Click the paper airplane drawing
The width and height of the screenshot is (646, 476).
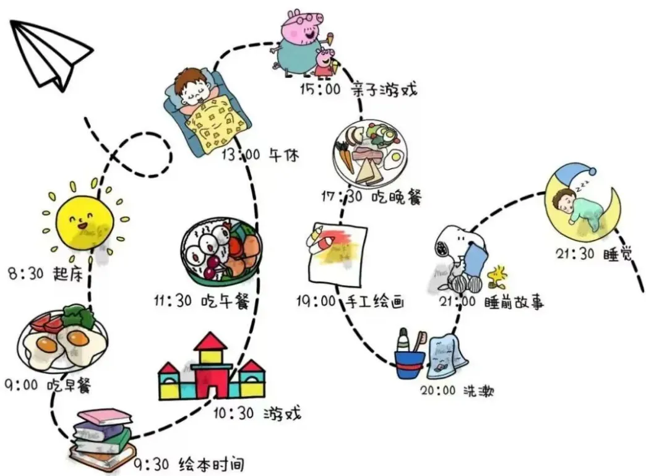(x=50, y=53)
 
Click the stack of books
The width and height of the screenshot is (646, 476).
(x=101, y=436)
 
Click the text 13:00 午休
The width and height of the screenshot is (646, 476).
(x=260, y=155)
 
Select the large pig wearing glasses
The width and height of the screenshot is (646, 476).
(x=297, y=40)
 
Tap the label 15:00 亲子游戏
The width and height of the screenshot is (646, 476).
(x=358, y=90)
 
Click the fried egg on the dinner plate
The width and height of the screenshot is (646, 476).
(x=394, y=159)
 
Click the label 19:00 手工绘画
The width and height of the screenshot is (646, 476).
(x=350, y=302)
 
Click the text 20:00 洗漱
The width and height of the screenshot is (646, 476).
(x=457, y=391)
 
